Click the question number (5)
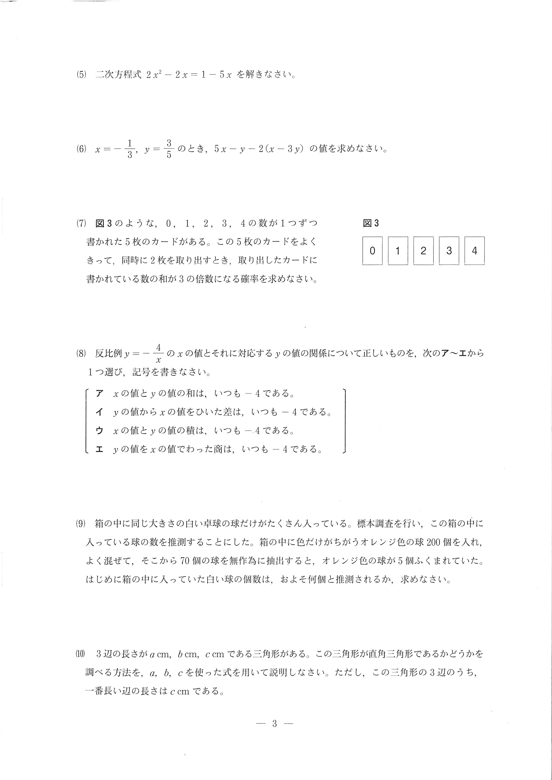point(81,75)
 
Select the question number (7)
point(81,223)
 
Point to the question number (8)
point(81,353)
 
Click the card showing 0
point(372,251)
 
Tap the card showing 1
point(398,251)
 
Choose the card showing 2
point(424,251)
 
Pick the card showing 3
point(449,251)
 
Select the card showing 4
point(475,251)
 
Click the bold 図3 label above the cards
point(371,223)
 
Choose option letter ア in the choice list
point(99,394)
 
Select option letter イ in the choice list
point(99,412)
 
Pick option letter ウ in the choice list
point(99,431)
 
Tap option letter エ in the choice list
point(99,450)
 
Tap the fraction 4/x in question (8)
point(159,353)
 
